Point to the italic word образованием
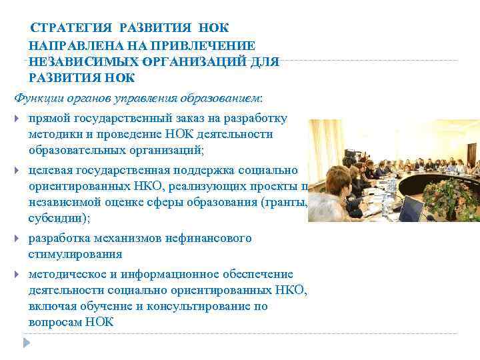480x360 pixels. point(226,99)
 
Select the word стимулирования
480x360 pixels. point(75,254)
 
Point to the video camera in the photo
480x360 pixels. point(349,157)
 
